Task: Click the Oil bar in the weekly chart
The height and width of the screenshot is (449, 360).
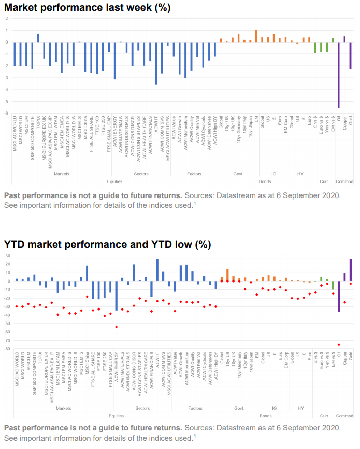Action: point(338,75)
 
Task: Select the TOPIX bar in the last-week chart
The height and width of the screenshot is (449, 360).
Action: point(38,38)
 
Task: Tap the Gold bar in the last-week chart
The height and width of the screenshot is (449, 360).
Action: point(350,55)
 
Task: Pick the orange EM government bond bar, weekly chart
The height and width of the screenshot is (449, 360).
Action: point(255,36)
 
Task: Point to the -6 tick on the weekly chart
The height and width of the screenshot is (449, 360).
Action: point(6,114)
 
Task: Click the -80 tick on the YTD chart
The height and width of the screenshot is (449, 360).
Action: point(6,349)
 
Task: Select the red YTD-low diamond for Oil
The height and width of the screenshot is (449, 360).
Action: point(338,344)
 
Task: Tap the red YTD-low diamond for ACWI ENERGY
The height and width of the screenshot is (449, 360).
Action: point(116,327)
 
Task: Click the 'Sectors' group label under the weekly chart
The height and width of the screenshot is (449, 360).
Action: point(141,174)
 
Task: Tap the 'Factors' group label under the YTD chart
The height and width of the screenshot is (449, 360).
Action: point(194,409)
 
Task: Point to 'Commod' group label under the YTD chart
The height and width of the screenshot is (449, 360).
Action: point(344,416)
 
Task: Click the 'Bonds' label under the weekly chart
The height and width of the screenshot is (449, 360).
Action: point(265,181)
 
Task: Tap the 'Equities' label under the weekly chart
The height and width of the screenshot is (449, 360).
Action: point(114,181)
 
